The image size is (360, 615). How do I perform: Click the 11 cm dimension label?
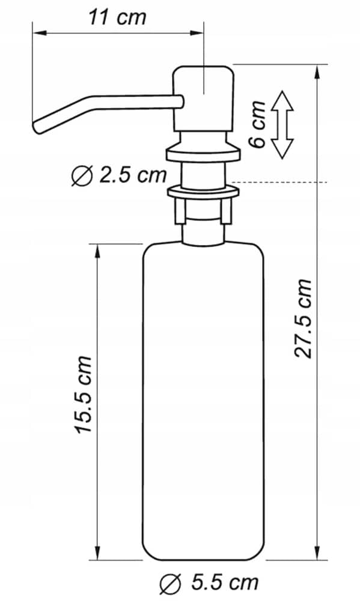coord(117,17)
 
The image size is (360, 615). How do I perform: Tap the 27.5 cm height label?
coord(303,318)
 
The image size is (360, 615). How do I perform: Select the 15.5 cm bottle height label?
coord(83,394)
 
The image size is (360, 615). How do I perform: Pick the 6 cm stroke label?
coord(258,124)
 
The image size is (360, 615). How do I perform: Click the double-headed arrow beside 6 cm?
coord(282,125)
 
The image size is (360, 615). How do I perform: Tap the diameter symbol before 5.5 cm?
coord(170,585)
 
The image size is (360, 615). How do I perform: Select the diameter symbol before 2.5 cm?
coord(82,176)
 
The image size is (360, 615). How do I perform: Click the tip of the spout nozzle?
coord(37,129)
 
